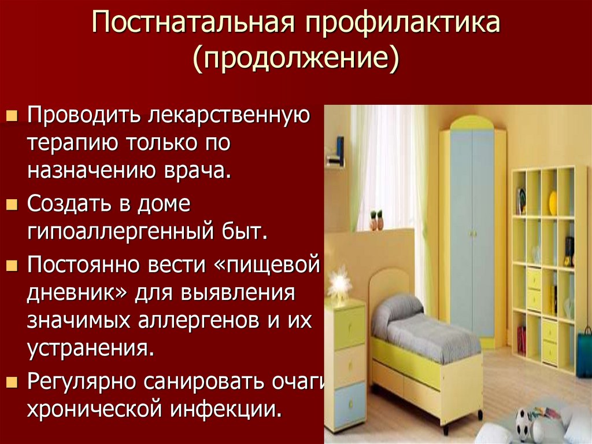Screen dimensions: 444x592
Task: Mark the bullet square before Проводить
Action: pos(12,115)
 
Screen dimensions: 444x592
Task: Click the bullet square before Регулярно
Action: pos(12,383)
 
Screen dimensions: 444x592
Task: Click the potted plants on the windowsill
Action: pos(376,220)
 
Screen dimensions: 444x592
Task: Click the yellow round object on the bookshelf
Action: pos(553,203)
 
